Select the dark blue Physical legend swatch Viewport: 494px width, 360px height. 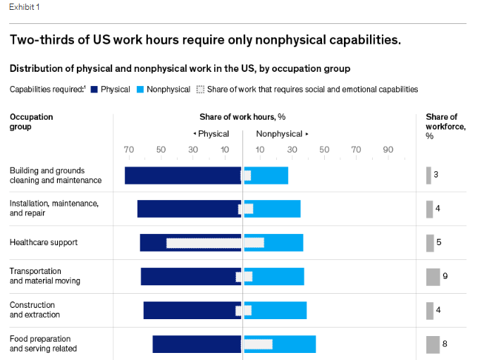coord(94,89)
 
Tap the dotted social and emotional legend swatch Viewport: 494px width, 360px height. coord(200,89)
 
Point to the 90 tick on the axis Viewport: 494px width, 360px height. coord(388,149)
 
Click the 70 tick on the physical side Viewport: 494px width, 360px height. coord(128,149)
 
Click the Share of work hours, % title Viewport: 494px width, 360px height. coord(242,117)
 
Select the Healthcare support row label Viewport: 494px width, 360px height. coord(44,242)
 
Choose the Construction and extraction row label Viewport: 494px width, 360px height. coord(35,310)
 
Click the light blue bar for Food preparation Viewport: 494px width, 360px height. coord(294,344)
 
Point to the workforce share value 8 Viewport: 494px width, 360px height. coord(445,344)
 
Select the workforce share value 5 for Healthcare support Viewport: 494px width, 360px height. coord(438,242)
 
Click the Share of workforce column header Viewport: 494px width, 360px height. coord(441,126)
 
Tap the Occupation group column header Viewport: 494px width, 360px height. coord(31,122)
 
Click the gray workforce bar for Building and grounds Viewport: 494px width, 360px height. coord(428,175)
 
